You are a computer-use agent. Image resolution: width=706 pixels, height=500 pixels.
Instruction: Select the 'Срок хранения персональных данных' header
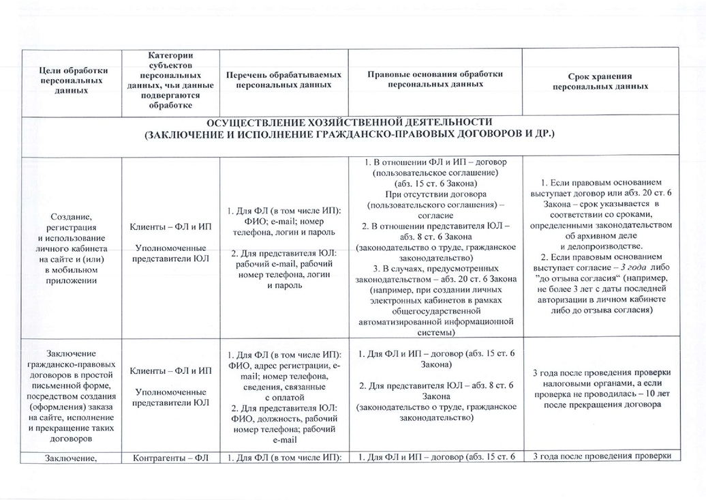[x=600, y=81]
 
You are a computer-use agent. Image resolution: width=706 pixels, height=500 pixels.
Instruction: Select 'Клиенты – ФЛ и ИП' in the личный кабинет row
[x=170, y=226]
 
